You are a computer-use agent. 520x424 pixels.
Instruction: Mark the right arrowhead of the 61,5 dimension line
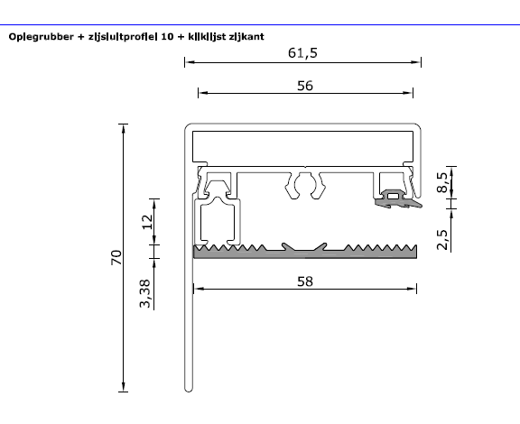click(420, 62)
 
